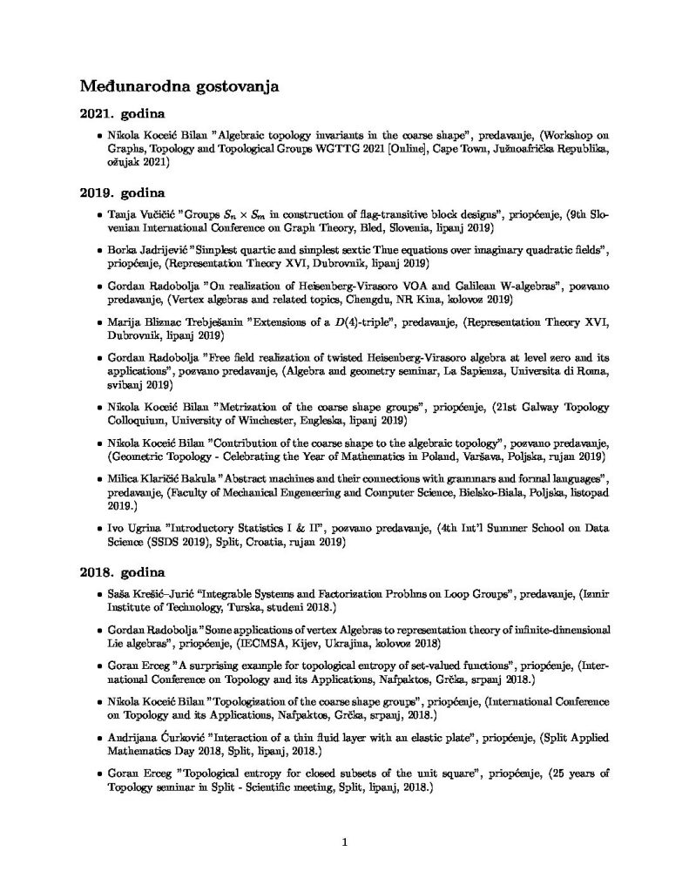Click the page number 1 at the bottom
tap(345, 841)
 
